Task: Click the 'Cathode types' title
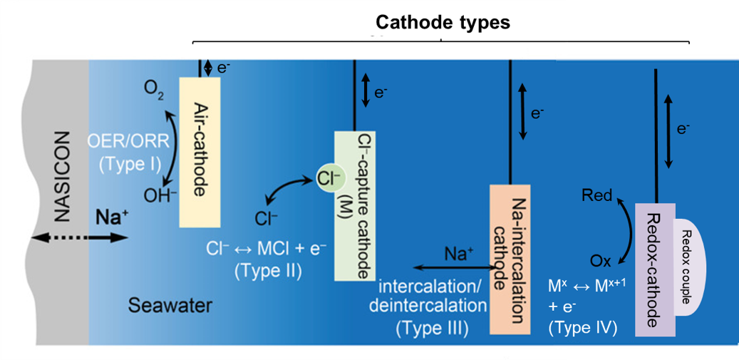[443, 23]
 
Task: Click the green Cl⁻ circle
[323, 179]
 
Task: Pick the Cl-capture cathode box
[354, 205]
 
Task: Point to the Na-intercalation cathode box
[510, 259]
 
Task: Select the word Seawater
[170, 307]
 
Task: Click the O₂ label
[152, 88]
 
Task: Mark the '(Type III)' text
[430, 329]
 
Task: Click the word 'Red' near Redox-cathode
[597, 195]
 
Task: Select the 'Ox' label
[601, 261]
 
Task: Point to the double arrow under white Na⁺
[454, 268]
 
